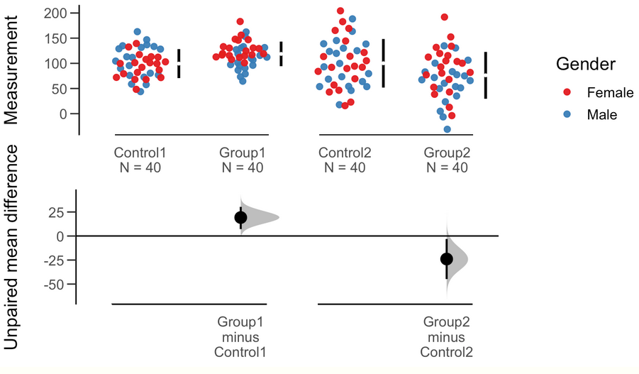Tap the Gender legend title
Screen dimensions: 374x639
[x=585, y=64]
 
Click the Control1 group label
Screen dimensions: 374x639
[x=140, y=153]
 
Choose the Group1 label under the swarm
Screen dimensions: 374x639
[x=243, y=153]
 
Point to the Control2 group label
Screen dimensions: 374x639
[x=345, y=153]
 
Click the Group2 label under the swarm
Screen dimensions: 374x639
[x=447, y=153]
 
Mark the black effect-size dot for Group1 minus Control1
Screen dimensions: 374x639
[x=240, y=218]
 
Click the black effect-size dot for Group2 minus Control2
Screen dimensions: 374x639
[x=447, y=259]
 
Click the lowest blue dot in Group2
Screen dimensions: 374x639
[x=448, y=129]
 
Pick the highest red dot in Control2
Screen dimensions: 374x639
[x=340, y=11]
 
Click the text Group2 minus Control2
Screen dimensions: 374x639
[x=447, y=336]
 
